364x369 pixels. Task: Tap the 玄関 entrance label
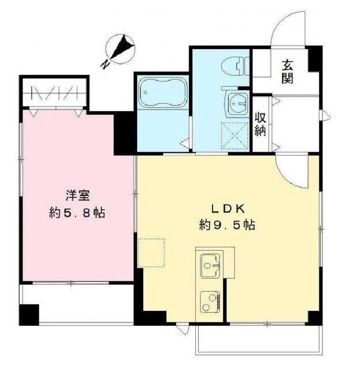(x=286, y=71)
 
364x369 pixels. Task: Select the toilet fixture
(x=234, y=68)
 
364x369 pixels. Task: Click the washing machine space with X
(x=236, y=136)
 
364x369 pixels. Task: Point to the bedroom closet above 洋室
(x=54, y=93)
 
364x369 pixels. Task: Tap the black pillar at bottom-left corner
(x=28, y=315)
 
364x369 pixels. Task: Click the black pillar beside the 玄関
(x=314, y=58)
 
